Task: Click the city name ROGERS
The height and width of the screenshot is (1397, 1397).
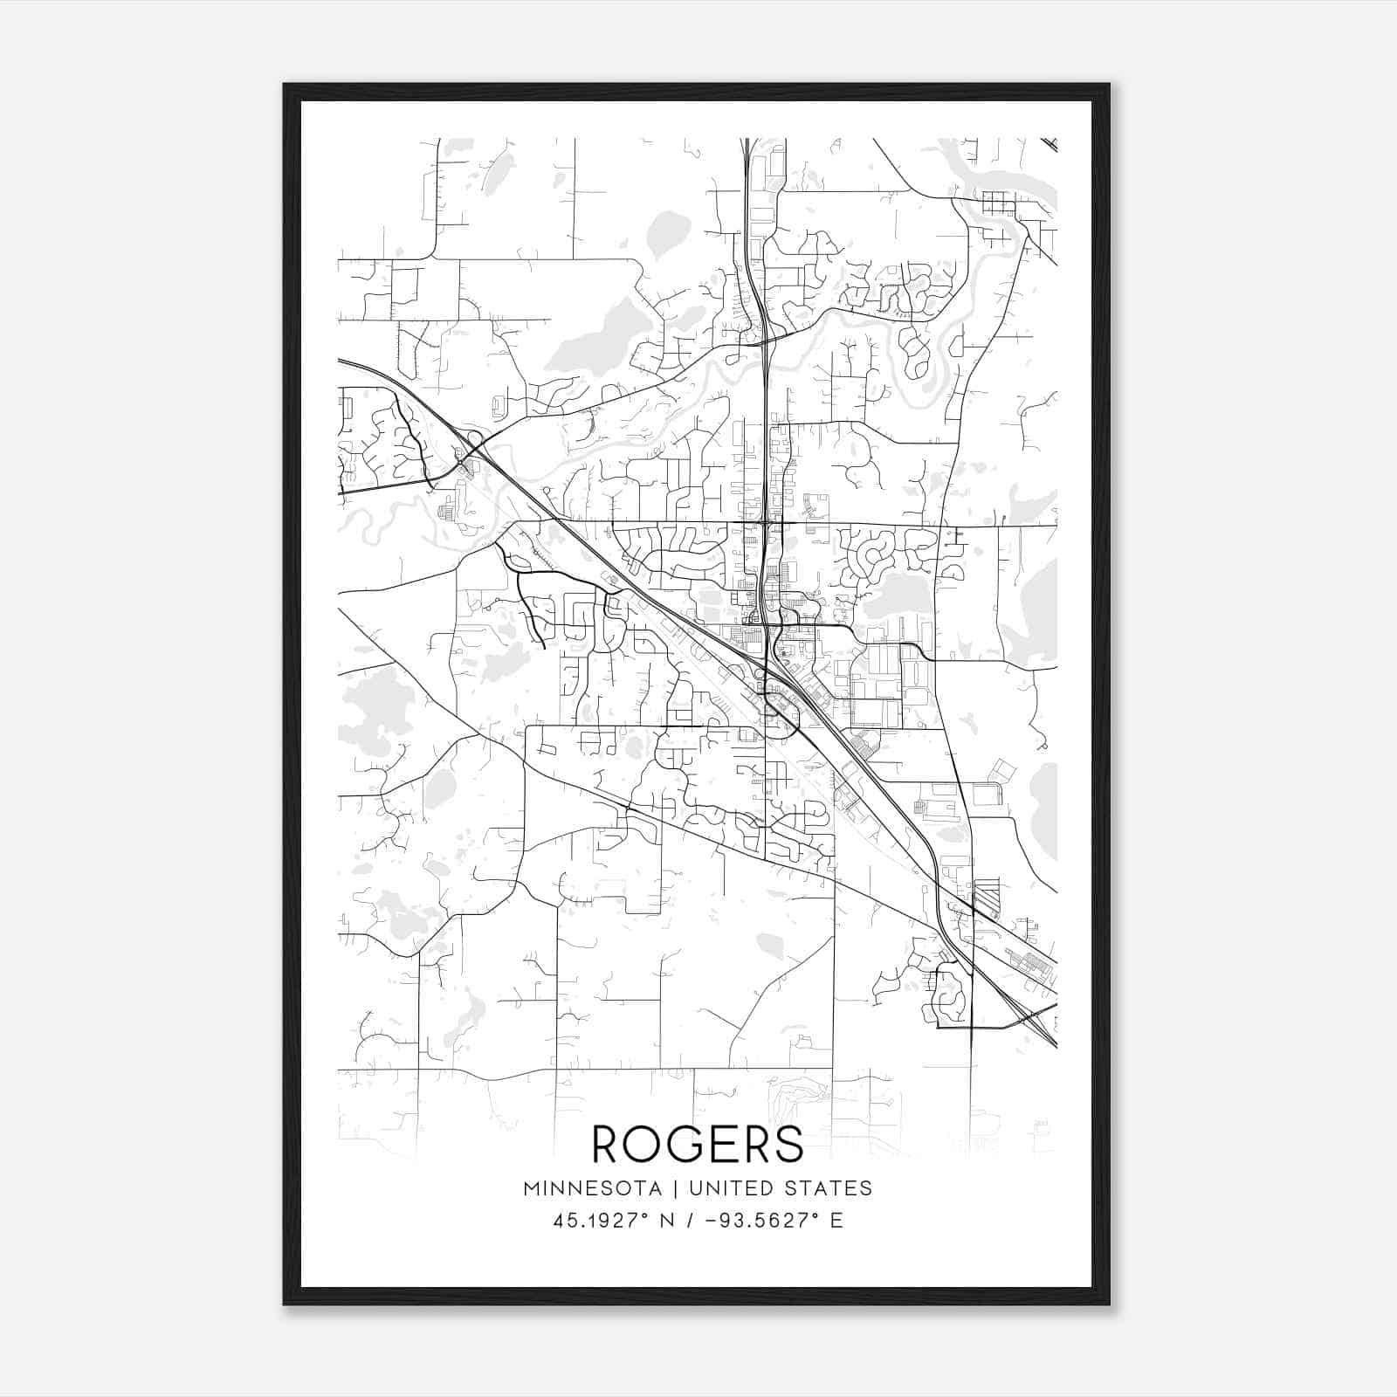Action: click(698, 1143)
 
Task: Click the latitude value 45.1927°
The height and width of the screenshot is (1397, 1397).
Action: click(598, 1221)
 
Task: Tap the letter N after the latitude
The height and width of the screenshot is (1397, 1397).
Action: click(666, 1221)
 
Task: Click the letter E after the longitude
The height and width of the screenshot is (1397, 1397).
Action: click(836, 1221)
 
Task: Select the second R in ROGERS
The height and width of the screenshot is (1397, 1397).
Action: click(754, 1143)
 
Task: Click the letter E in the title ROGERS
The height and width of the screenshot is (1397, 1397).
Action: click(720, 1143)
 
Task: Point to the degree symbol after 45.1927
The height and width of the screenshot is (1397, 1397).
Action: click(645, 1215)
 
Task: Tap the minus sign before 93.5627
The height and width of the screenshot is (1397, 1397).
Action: click(709, 1221)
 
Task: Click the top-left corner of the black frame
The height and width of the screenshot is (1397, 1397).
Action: click(285, 85)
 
